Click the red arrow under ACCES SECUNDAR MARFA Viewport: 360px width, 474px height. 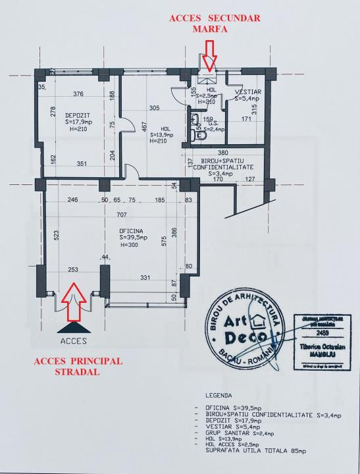(209, 55)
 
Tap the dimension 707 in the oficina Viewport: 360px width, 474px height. (122, 215)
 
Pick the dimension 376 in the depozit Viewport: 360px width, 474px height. (78, 93)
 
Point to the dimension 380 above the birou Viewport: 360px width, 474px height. (224, 153)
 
